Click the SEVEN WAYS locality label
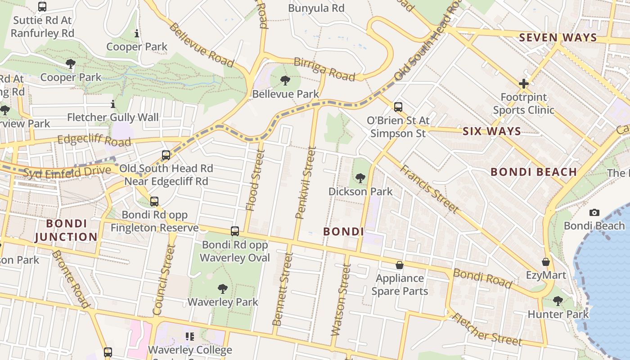[558, 37]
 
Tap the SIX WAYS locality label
[491, 131]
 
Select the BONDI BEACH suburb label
[533, 172]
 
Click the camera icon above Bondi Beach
[594, 212]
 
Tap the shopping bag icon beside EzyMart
[546, 262]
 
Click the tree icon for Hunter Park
[558, 301]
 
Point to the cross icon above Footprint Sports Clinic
[523, 84]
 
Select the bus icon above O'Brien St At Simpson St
[398, 107]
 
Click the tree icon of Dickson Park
[360, 178]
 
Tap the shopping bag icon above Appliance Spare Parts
[399, 265]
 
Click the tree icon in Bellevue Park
[285, 81]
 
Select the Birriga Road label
[324, 69]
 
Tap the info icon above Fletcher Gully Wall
[112, 104]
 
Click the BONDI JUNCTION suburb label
[66, 230]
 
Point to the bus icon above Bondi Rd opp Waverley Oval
[234, 231]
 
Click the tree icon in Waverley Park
[222, 288]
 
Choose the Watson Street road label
[341, 300]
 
